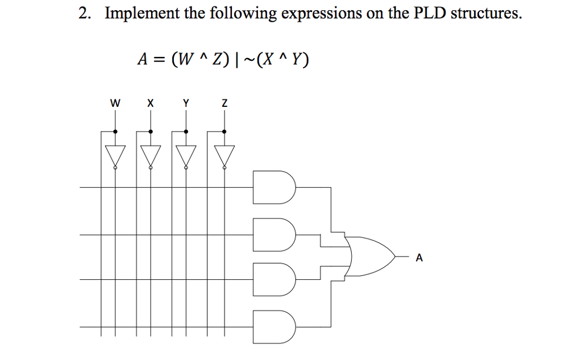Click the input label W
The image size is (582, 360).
pyautogui.click(x=115, y=104)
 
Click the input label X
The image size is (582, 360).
pyautogui.click(x=150, y=104)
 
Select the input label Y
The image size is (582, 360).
pyautogui.click(x=186, y=104)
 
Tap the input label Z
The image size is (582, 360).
pyautogui.click(x=225, y=104)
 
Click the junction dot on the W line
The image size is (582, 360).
pyautogui.click(x=115, y=131)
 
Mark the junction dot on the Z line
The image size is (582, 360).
pyautogui.click(x=224, y=131)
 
